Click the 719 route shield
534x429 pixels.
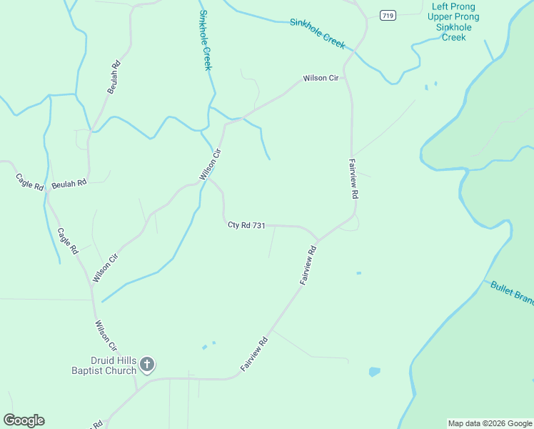point(388,16)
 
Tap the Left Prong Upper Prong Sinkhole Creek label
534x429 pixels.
point(453,21)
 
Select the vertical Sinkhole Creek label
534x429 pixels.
point(205,40)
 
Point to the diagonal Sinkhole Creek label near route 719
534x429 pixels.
point(318,33)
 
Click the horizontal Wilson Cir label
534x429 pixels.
point(321,78)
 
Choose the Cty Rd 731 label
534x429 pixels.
point(246,225)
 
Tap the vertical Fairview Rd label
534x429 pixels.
point(353,178)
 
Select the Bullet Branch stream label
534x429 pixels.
point(512,292)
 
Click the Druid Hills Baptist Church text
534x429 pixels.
point(104,365)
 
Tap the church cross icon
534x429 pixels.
point(147,365)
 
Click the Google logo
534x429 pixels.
point(24,420)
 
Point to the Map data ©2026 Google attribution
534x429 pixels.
point(490,423)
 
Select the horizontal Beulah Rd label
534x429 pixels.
point(69,183)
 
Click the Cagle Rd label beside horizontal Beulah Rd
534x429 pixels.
point(30,181)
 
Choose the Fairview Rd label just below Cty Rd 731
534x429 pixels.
point(308,266)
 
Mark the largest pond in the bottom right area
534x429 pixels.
point(374,372)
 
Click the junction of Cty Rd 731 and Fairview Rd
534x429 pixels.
point(318,240)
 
